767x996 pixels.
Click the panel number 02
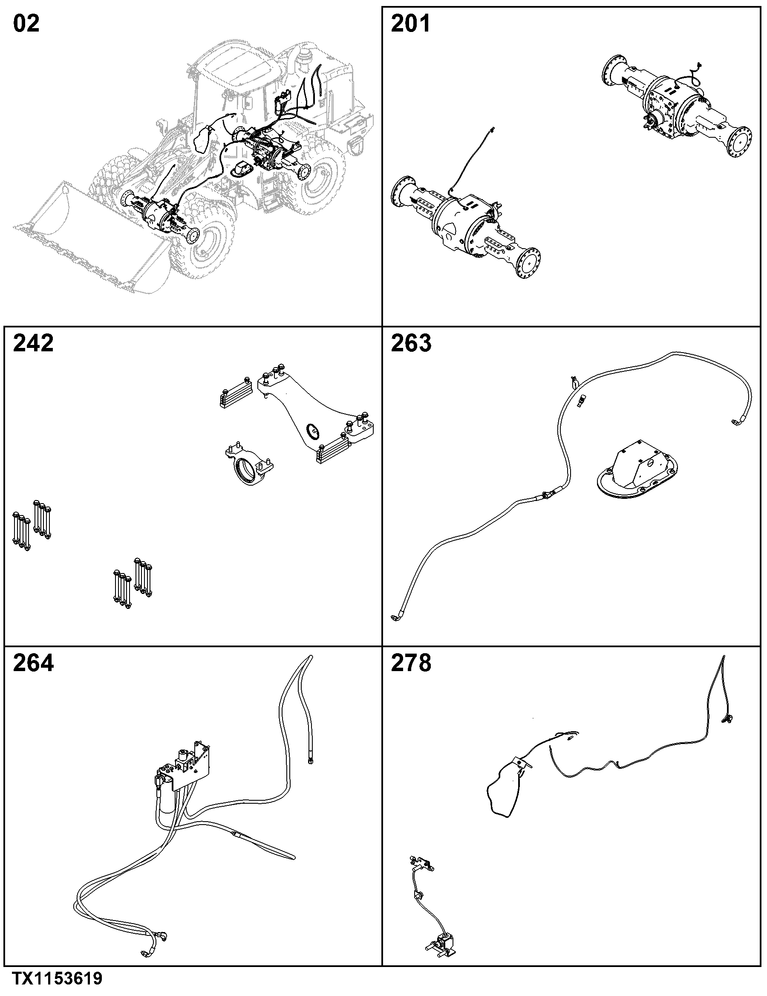[x=26, y=24]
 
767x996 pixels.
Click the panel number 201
[x=411, y=24]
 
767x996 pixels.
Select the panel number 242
[x=33, y=343]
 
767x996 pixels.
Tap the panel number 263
[x=411, y=343]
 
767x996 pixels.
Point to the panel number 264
[x=33, y=663]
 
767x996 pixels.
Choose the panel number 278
[x=411, y=663]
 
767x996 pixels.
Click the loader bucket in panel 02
[x=87, y=237]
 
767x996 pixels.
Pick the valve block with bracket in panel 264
[x=189, y=764]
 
